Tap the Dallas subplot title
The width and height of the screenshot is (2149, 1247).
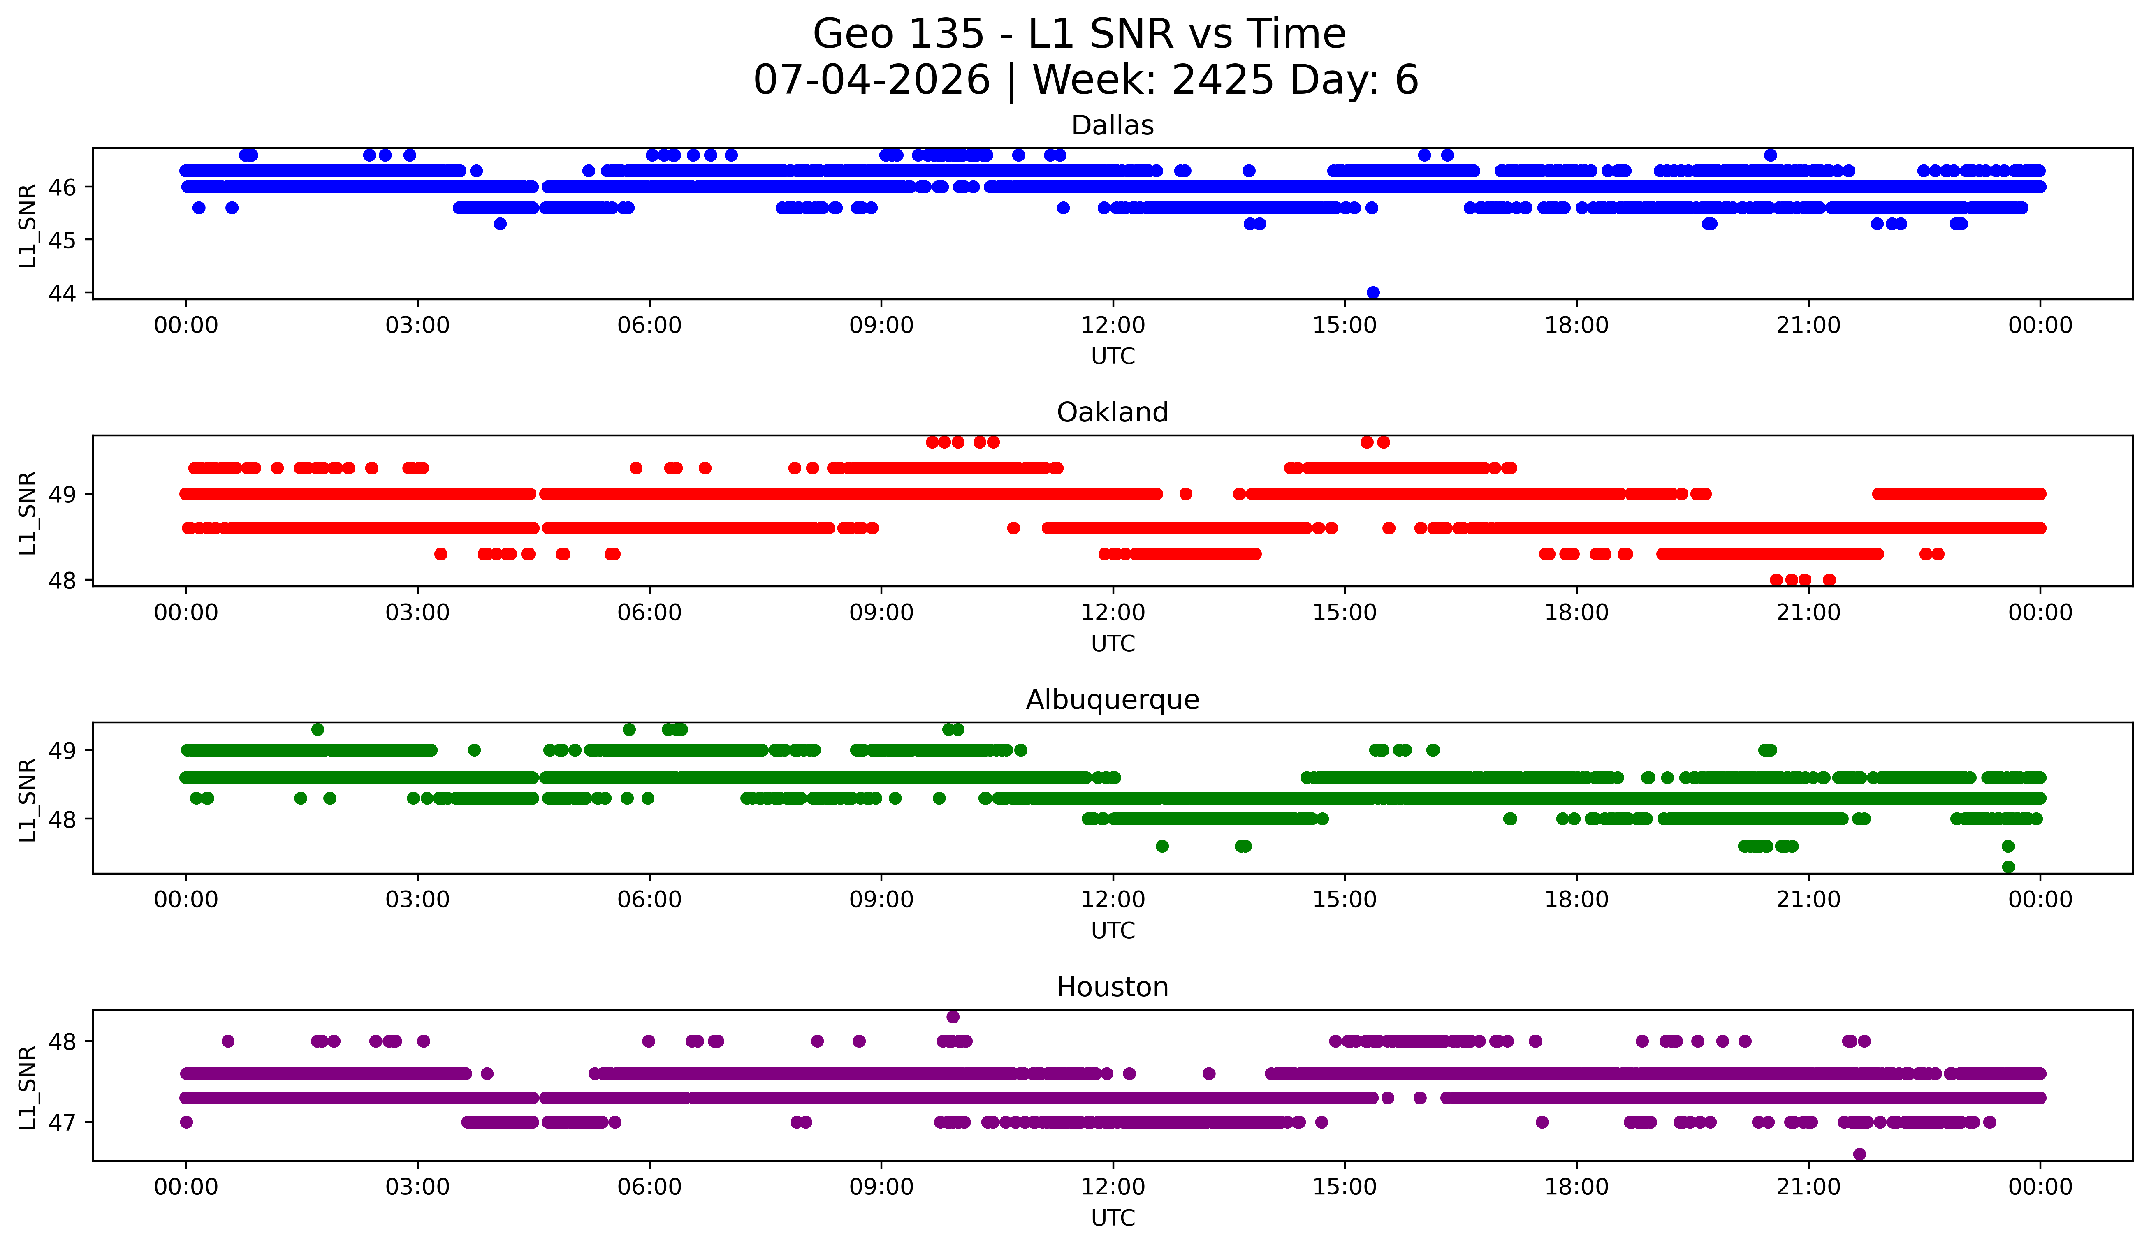1112,125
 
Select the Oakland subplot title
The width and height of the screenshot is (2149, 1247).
1112,412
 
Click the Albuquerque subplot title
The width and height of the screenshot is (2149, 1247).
1112,700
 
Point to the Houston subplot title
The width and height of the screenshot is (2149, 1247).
1112,987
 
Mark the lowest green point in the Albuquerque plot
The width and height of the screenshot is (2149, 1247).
2008,867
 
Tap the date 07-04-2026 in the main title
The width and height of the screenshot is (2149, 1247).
872,80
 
